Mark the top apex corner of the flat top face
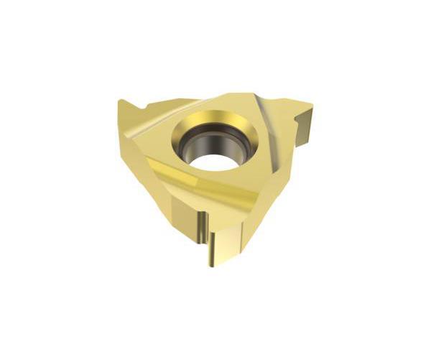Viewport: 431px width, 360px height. click(x=248, y=94)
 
